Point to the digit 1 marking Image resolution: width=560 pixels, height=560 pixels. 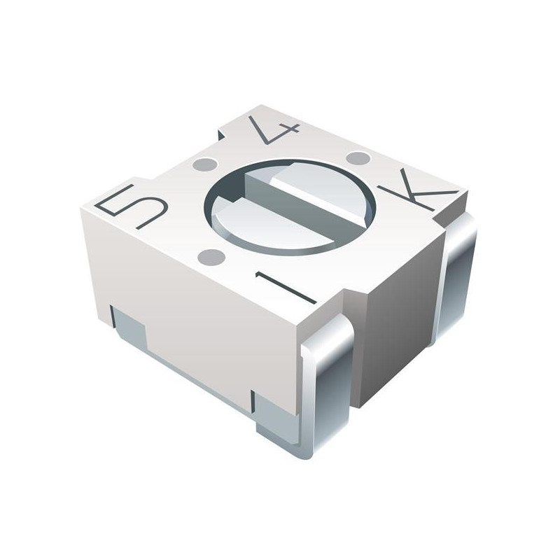point(286,288)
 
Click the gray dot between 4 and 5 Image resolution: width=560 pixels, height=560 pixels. point(204,164)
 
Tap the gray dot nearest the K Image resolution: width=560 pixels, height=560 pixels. point(358,157)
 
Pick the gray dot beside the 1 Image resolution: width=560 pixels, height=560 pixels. point(211,257)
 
